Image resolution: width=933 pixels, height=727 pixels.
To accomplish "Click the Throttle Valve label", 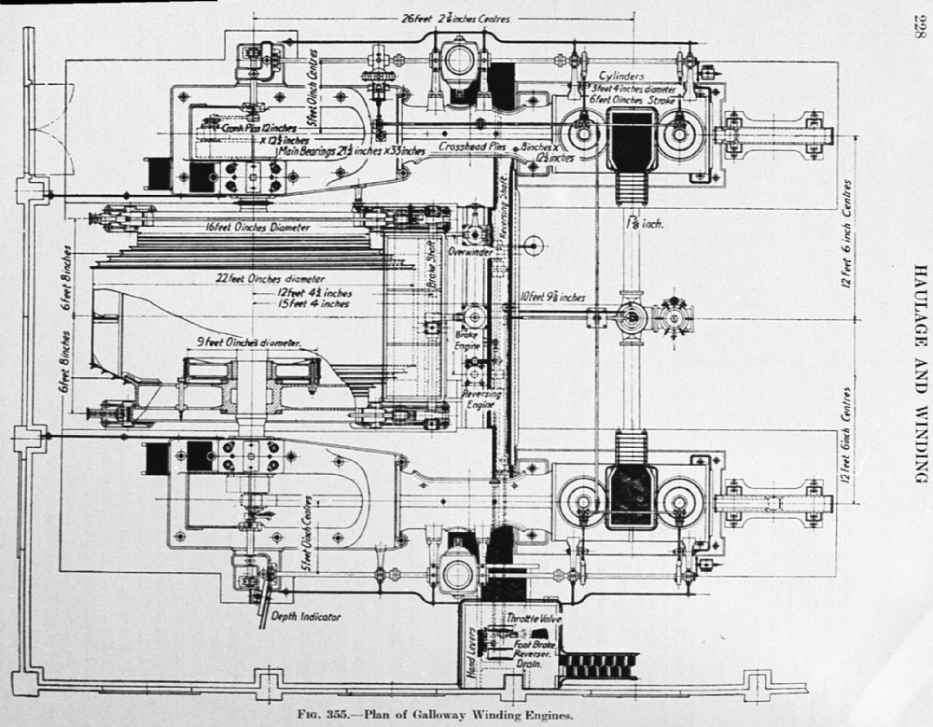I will [x=530, y=618].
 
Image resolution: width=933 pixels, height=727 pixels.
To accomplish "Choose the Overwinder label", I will [x=469, y=252].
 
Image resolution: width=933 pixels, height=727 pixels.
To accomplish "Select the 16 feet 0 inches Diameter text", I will [x=258, y=227].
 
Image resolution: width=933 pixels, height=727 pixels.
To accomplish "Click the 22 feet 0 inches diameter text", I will [x=271, y=278].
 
